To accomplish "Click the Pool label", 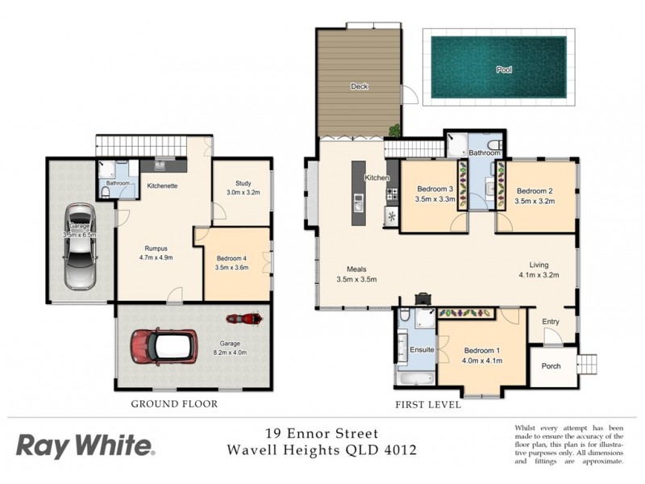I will point(504,69).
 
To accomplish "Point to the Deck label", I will point(360,86).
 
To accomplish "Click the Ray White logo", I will point(85,444).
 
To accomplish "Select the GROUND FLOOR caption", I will point(176,404).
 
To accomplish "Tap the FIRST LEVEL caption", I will point(427,404).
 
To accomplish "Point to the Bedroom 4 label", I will point(232,259).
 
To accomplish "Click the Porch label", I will point(551,365).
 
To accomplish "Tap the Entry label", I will point(551,322).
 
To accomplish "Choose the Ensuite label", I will point(422,350).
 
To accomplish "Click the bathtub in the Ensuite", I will point(414,377).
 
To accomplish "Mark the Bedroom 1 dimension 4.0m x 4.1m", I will point(483,361).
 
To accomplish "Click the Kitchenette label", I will point(162,186).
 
